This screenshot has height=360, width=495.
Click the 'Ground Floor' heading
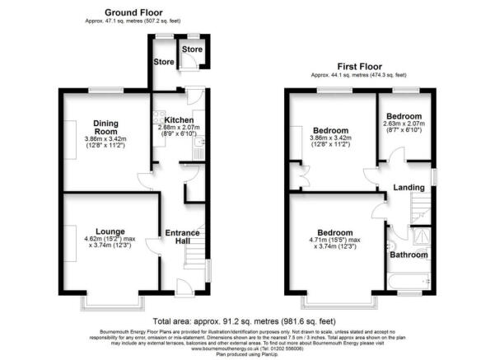pyautogui.click(x=133, y=12)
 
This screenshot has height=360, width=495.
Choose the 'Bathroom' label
pyautogui.click(x=409, y=255)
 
